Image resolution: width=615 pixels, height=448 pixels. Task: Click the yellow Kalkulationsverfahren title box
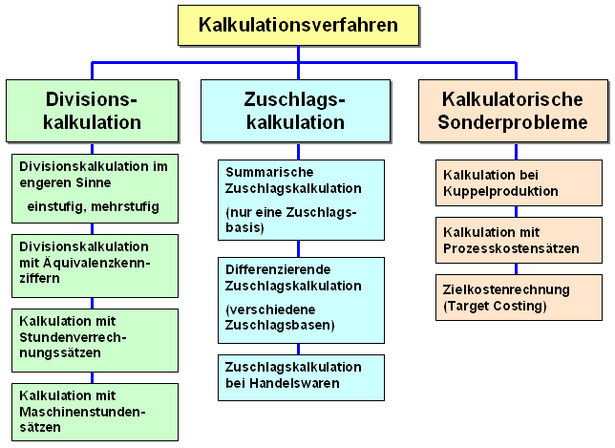pyautogui.click(x=299, y=26)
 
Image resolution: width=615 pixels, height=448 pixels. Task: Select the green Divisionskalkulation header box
pyautogui.click(x=93, y=111)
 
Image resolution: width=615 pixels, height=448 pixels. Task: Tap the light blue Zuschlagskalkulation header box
pyautogui.click(x=296, y=111)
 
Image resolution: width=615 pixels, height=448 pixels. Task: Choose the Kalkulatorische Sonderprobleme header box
pyautogui.click(x=513, y=111)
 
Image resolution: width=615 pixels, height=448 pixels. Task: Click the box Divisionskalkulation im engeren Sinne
pyautogui.click(x=95, y=189)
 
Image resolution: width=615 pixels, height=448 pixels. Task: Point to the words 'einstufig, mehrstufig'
pyautogui.click(x=94, y=206)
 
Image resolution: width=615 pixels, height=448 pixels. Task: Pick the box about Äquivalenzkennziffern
pyautogui.click(x=95, y=266)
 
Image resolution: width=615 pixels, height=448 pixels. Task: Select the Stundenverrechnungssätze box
pyautogui.click(x=95, y=340)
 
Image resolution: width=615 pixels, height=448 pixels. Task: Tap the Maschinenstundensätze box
pyautogui.click(x=95, y=412)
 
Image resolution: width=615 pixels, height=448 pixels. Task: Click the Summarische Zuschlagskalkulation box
pyautogui.click(x=301, y=200)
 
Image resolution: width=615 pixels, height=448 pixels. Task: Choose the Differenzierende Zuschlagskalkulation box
pyautogui.click(x=301, y=301)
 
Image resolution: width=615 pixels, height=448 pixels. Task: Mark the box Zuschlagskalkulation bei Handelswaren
pyautogui.click(x=301, y=377)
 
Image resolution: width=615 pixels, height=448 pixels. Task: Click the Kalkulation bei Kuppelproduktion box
pyautogui.click(x=519, y=182)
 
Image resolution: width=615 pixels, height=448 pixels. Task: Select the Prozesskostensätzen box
pyautogui.click(x=519, y=240)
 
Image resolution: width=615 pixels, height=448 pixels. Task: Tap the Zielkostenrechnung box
pyautogui.click(x=519, y=297)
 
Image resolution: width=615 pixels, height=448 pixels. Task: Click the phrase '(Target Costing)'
pyautogui.click(x=495, y=306)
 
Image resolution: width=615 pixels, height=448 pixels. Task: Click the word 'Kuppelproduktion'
pyautogui.click(x=500, y=191)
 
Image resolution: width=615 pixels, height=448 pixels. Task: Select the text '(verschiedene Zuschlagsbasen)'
pyautogui.click(x=280, y=317)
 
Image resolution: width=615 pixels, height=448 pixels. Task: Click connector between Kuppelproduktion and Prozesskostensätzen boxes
pyautogui.click(x=516, y=212)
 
